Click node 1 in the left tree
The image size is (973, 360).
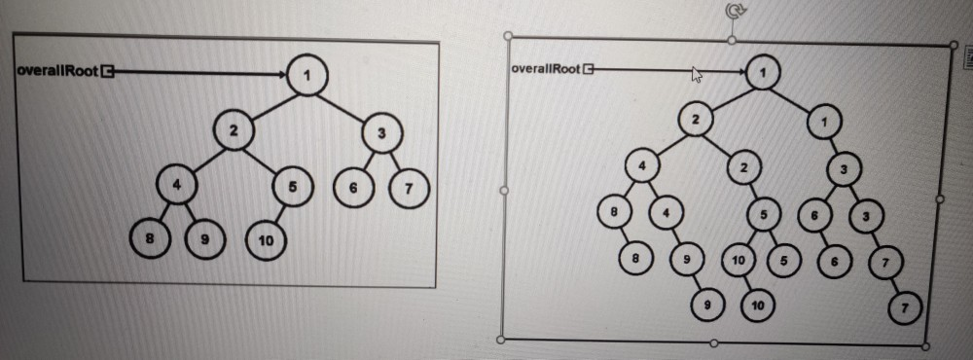tap(307, 76)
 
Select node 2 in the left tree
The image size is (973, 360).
tap(234, 129)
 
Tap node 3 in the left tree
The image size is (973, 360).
tap(381, 132)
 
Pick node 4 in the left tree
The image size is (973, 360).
tap(177, 183)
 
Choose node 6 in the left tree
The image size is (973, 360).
tap(355, 188)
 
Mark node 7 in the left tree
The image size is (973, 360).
tap(408, 188)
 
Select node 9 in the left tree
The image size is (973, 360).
tap(204, 239)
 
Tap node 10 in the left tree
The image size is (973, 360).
tap(265, 240)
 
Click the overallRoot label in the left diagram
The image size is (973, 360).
tap(57, 71)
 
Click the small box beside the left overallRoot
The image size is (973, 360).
tap(108, 71)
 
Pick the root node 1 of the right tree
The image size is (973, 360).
tap(764, 71)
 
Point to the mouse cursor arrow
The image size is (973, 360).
tap(697, 75)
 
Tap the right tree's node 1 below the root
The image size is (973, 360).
tap(824, 123)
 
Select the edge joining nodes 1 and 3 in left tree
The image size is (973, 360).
tap(345, 103)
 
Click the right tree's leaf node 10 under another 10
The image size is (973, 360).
tap(757, 306)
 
